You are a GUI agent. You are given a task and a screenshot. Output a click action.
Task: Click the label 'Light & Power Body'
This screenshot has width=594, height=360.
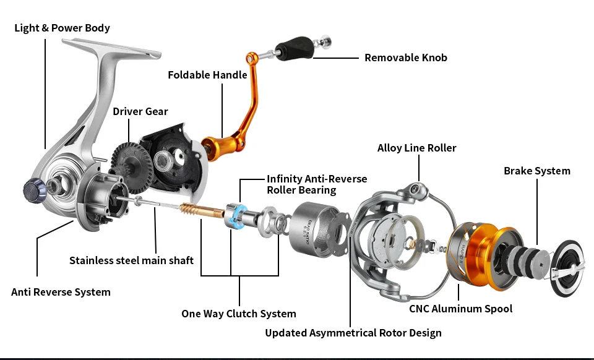[x=62, y=28]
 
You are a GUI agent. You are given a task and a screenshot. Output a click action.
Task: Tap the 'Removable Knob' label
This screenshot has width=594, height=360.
[x=405, y=58]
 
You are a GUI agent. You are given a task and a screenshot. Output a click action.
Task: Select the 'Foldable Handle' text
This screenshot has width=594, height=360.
[x=207, y=75]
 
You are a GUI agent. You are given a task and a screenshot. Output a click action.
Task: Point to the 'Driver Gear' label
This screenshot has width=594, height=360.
[x=140, y=111]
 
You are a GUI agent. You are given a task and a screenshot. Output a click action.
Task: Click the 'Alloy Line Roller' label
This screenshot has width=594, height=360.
[x=416, y=148]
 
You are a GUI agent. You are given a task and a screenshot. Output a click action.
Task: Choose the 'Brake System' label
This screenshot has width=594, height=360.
[x=536, y=171]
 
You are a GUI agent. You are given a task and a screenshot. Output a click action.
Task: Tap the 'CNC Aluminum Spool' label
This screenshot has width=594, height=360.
[x=460, y=309]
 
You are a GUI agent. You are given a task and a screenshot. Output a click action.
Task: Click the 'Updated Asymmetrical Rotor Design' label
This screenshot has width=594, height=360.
[x=353, y=333]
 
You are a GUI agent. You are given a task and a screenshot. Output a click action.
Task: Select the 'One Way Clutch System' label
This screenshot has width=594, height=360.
[x=238, y=314]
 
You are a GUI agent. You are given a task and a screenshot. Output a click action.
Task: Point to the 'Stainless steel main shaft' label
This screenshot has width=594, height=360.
[x=131, y=260]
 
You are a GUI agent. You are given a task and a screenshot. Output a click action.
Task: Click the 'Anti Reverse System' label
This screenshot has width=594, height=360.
[x=61, y=292]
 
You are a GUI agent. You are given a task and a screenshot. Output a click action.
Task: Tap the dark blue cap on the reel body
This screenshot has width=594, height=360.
[x=33, y=190]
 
